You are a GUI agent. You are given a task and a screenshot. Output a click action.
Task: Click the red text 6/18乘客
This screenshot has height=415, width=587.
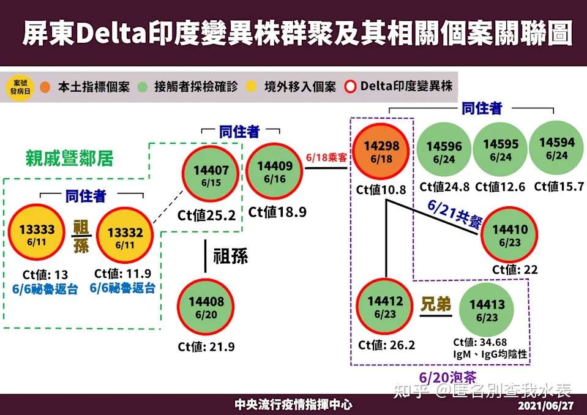pyautogui.click(x=326, y=157)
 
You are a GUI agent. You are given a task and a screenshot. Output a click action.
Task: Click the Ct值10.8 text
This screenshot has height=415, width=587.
pyautogui.click(x=381, y=190)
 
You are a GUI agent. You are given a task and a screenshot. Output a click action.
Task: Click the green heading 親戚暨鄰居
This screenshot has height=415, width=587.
pyautogui.click(x=69, y=159)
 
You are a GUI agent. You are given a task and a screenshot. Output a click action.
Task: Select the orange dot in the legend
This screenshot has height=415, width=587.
pyautogui.click(x=45, y=86)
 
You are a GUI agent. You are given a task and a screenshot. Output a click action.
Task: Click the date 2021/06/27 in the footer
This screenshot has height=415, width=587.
pyautogui.click(x=545, y=406)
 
